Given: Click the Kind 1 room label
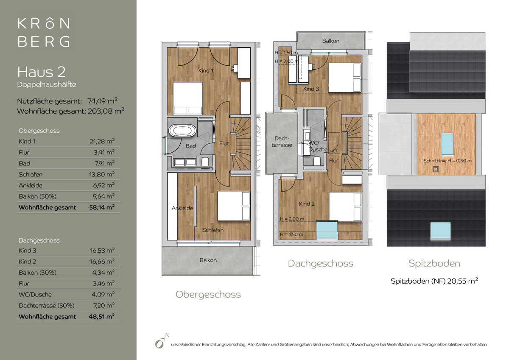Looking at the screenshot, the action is (206, 71).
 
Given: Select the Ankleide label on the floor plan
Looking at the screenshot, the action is (182, 208).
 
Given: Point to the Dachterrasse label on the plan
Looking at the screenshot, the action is (282, 142).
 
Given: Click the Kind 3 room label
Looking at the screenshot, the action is (311, 89).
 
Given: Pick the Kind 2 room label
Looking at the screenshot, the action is (307, 204).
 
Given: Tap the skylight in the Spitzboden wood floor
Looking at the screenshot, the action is (447, 144).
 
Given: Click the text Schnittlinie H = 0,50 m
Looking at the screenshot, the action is (447, 161).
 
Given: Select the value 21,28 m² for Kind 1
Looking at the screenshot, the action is (102, 141).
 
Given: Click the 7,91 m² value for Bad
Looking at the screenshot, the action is (104, 163).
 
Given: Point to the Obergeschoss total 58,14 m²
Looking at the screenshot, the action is (102, 207).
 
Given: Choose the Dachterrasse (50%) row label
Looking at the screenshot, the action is (47, 305).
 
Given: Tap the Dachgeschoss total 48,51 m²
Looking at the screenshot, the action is (102, 316).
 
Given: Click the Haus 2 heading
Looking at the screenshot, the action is (42, 72).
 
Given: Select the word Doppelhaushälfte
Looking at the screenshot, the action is (47, 84).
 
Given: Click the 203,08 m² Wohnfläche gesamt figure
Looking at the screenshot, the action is (106, 111).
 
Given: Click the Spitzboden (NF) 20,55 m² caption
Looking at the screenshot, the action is (434, 281).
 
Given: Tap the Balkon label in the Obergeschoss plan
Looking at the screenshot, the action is (208, 260).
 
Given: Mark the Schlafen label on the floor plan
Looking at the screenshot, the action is (213, 230).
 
